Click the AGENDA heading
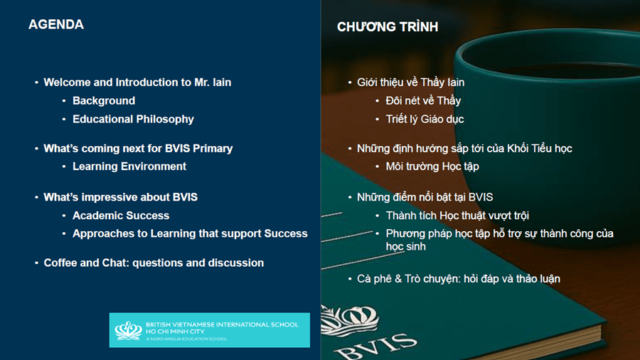tap(56, 24)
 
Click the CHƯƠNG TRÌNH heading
tap(388, 26)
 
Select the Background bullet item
tap(104, 101)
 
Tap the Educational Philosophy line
tap(133, 120)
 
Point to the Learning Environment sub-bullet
tap(129, 166)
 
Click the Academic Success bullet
tap(121, 216)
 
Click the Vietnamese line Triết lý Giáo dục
tap(425, 120)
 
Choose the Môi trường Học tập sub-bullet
tap(432, 166)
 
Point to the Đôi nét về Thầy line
tap(423, 101)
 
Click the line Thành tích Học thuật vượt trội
tap(457, 216)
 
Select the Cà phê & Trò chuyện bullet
tap(459, 279)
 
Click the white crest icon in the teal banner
tap(128, 331)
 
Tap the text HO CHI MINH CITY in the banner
tap(175, 332)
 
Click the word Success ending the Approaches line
tap(286, 233)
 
